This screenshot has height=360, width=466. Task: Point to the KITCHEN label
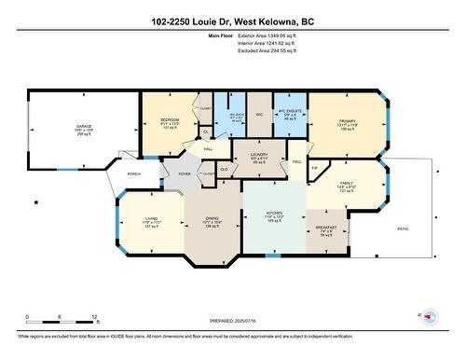[x=273, y=213]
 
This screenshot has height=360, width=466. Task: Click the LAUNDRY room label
[x=261, y=154]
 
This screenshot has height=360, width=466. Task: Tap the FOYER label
[x=185, y=173]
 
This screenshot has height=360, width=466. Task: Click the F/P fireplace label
[x=315, y=168]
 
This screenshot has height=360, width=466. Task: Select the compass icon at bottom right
[x=429, y=317]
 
